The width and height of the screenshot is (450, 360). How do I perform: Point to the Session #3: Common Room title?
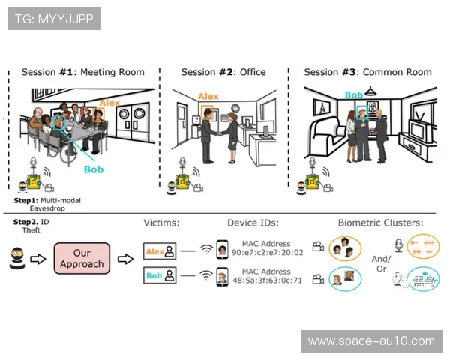367,72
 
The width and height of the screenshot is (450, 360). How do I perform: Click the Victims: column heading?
165,223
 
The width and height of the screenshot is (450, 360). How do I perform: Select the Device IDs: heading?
253,223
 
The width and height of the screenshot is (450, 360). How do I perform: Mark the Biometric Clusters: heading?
380,223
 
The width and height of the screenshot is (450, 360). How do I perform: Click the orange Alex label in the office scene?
208,97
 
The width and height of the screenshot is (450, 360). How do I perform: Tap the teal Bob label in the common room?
353,95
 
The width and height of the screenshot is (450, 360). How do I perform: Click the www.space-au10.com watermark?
371,341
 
